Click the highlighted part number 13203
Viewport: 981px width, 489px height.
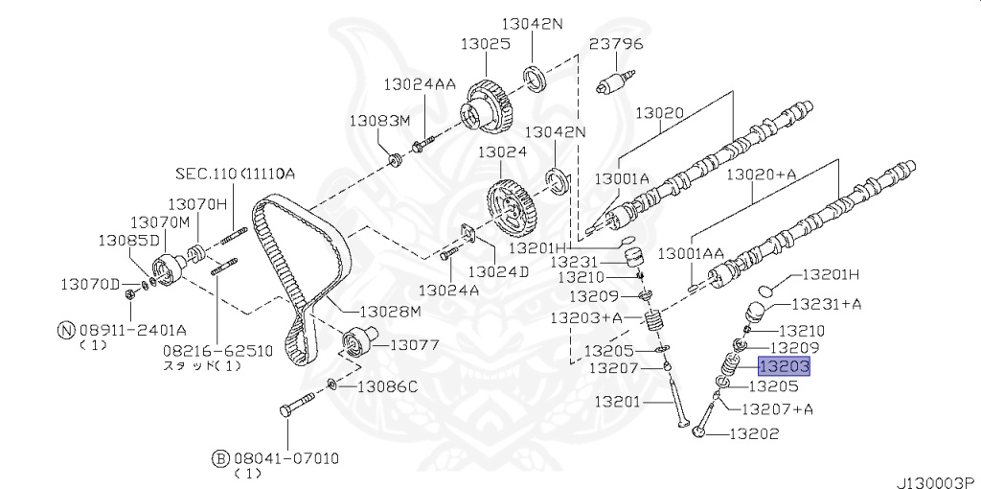[x=785, y=366]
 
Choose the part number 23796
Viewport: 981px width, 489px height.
[x=616, y=44]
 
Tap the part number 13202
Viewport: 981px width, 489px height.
[x=753, y=433]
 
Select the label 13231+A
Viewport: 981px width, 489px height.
[x=827, y=304]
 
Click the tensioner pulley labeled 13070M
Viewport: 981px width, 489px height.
[x=168, y=269]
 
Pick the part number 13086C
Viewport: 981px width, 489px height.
[x=387, y=387]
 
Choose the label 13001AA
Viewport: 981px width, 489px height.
[x=692, y=253]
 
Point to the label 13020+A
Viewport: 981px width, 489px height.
[x=762, y=175]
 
